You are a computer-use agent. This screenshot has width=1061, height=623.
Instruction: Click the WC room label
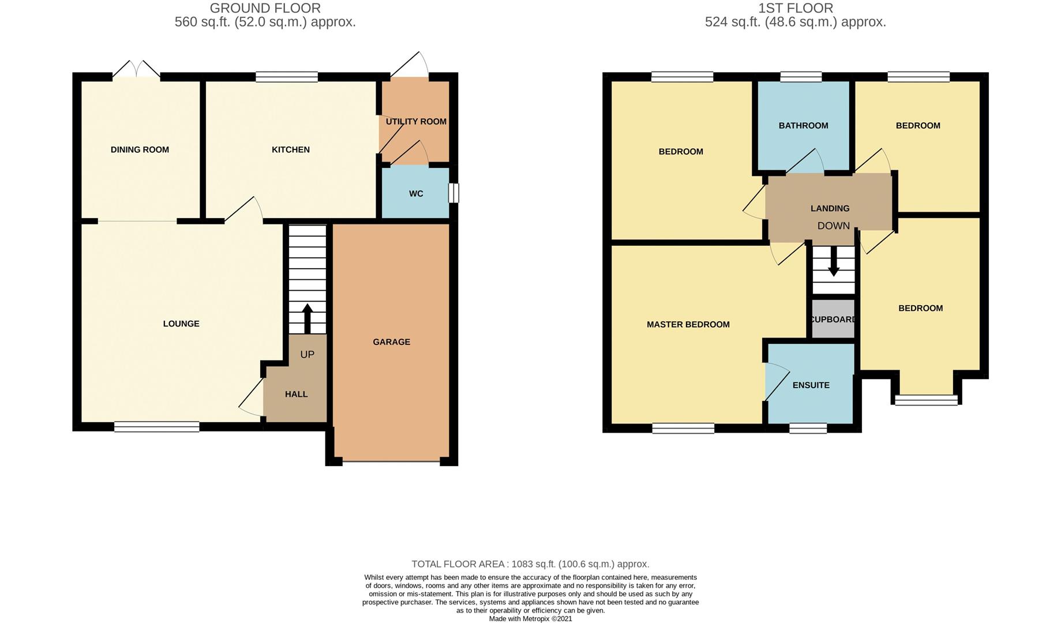pyautogui.click(x=416, y=194)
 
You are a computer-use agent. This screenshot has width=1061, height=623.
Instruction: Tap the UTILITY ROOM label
pyautogui.click(x=416, y=122)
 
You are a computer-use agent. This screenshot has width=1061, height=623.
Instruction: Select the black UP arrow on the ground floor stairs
pyautogui.click(x=307, y=318)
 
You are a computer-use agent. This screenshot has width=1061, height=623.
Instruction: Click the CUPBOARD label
pyautogui.click(x=833, y=320)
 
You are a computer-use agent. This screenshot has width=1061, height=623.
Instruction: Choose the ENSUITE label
pyautogui.click(x=811, y=385)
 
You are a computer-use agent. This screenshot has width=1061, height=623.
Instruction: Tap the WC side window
pyautogui.click(x=454, y=193)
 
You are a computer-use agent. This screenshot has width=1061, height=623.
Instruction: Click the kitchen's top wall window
pyautogui.click(x=287, y=77)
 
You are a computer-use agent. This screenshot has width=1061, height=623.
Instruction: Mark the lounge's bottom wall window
pyautogui.click(x=156, y=427)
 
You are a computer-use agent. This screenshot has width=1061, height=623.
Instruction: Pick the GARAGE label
pyautogui.click(x=391, y=342)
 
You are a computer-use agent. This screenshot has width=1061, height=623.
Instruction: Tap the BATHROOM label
pyautogui.click(x=803, y=126)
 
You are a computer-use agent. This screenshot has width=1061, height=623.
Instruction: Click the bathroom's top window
pyautogui.click(x=801, y=77)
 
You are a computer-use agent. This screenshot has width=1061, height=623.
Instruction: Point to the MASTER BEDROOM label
pyautogui.click(x=688, y=325)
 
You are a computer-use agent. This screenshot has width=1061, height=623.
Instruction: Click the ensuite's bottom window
pyautogui.click(x=808, y=428)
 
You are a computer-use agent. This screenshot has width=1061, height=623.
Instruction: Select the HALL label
pyautogui.click(x=296, y=395)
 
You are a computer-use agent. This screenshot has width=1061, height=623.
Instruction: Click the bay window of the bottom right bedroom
pyautogui.click(x=926, y=400)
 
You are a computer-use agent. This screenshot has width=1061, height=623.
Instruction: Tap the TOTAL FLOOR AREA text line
pyautogui.click(x=530, y=564)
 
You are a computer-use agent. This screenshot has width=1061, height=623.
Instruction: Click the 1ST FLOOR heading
pyautogui.click(x=795, y=8)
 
